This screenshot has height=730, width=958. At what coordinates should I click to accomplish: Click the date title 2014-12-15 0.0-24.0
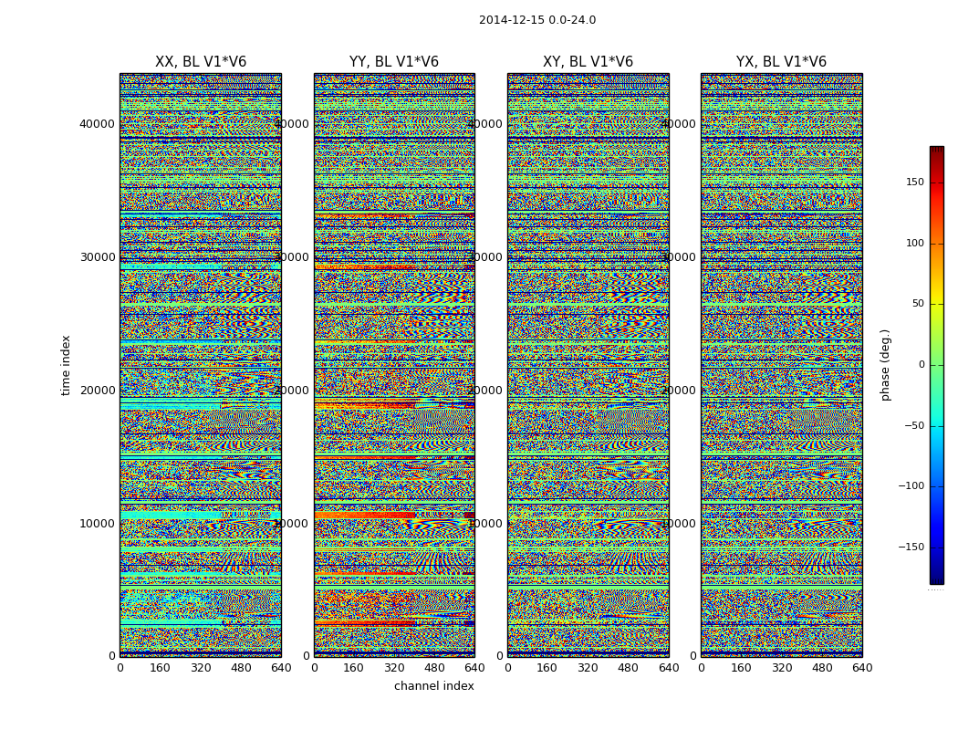pos(537,20)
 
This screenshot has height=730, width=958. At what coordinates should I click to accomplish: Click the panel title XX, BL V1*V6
pos(201,62)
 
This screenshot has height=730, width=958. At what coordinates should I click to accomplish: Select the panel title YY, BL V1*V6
pos(394,62)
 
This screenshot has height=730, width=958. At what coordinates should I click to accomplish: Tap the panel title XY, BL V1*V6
pos(588,62)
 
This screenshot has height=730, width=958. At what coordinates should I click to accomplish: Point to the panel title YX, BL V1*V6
pos(782,62)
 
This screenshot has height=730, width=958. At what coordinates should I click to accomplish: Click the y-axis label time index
pos(66,365)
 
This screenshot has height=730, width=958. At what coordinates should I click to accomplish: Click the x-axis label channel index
pos(434,686)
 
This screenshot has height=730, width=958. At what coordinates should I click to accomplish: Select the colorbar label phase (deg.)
pos(885,365)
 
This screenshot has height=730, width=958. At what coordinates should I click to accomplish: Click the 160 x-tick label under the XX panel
pos(160,668)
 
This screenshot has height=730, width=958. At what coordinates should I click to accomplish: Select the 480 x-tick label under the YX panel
pos(822,668)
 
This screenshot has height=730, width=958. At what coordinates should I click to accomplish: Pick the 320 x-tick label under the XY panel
pos(588,668)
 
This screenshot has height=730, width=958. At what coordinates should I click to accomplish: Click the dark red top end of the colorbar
pos(936,150)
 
